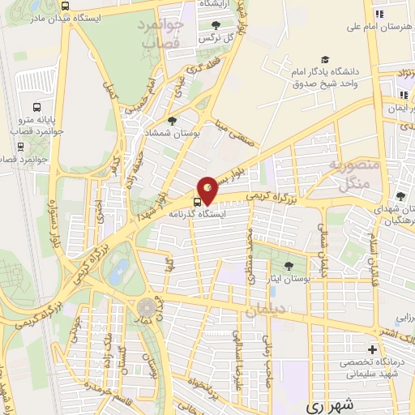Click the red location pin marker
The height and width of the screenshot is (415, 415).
(208, 188)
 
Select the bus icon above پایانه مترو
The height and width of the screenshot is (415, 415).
(36, 107)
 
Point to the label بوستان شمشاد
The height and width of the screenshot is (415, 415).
(166, 132)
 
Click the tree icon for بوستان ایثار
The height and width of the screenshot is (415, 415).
(289, 265)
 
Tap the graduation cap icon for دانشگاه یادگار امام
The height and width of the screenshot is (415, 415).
(325, 60)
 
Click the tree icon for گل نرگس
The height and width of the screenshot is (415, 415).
(215, 25)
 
